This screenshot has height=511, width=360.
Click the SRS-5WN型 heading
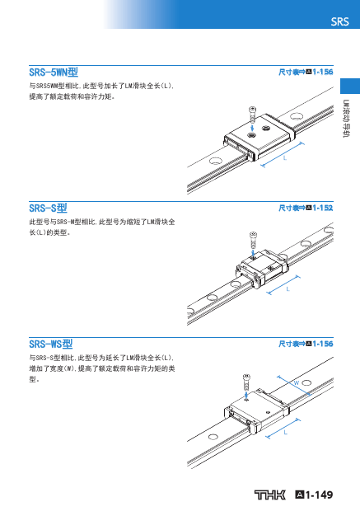tap(54, 72)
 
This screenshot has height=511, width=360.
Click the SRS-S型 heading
tap(48, 208)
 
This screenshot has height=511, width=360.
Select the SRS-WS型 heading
tap(51, 344)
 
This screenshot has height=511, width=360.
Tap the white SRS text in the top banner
tap(339, 21)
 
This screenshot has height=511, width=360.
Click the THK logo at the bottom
tap(269, 495)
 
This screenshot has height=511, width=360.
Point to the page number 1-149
tap(320, 495)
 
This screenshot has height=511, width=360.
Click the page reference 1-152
tap(323, 208)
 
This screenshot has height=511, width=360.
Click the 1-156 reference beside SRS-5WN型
tap(323, 72)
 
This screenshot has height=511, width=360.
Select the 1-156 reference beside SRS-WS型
tap(323, 344)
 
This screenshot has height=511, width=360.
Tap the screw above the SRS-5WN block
tap(252, 114)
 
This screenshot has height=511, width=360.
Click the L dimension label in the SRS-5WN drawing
tap(285, 158)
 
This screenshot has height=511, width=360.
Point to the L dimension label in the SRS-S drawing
tap(288, 289)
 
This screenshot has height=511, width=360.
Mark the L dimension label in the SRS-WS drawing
tap(285, 433)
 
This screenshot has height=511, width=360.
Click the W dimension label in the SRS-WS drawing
tap(297, 382)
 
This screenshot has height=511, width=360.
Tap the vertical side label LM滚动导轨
tap(346, 119)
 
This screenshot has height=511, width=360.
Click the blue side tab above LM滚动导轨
tap(350, 86)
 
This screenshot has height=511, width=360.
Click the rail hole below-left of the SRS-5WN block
tap(215, 161)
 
